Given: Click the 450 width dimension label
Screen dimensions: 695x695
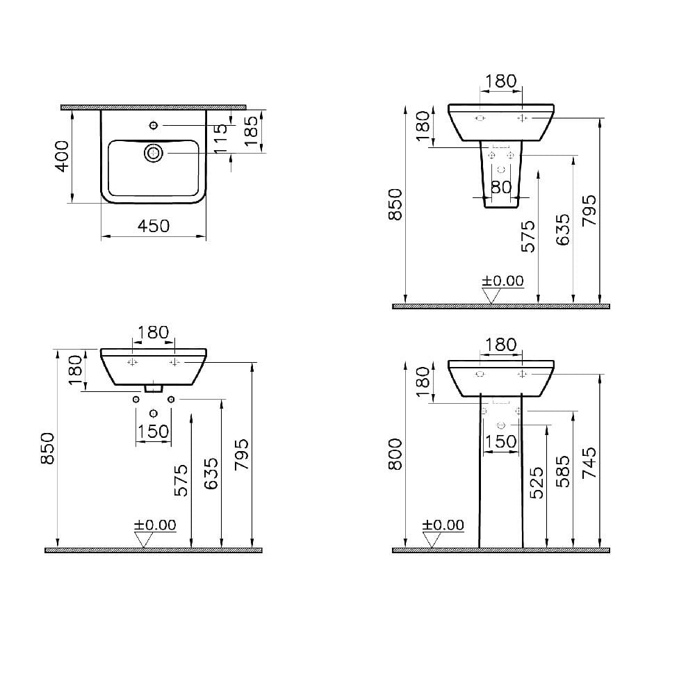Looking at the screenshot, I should tap(154, 226).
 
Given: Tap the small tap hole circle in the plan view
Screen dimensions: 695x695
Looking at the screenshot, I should tap(154, 125).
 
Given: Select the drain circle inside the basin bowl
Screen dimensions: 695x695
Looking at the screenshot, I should tap(153, 152).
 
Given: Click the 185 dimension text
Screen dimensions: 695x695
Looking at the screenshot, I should tap(252, 130).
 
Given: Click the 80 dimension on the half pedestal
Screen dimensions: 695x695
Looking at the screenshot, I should tap(502, 187).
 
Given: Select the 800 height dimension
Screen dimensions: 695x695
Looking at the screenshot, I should tap(395, 455).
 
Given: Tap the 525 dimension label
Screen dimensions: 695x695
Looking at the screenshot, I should tap(536, 484).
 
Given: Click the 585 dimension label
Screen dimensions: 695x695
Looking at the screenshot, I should tap(564, 471).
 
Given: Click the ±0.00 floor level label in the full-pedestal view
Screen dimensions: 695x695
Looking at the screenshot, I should tap(443, 525).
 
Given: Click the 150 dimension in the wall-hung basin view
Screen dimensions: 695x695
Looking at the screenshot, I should tap(153, 431).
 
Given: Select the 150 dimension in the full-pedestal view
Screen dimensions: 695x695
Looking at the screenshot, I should tap(500, 441).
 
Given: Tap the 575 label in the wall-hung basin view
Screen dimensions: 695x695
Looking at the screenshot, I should tap(180, 480).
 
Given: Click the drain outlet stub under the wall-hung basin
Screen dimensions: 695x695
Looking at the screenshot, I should tap(153, 388).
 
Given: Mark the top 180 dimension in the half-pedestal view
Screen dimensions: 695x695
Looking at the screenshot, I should tap(500, 81).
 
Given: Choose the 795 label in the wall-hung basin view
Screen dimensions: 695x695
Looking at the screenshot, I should tap(242, 455).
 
